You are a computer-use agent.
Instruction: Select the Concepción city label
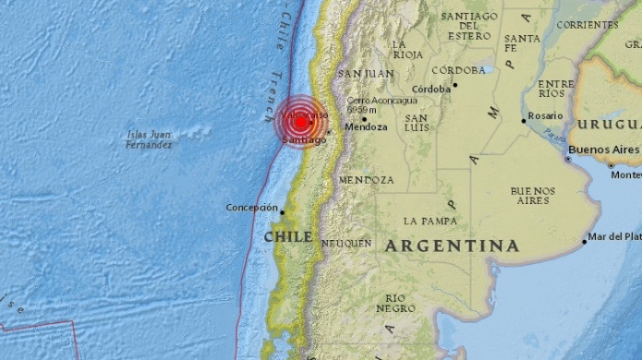pos(251,208)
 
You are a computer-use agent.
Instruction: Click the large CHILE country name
pos(288,237)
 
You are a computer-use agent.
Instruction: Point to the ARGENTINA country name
pos(452,246)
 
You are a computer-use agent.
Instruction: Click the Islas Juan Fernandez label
pos(150,140)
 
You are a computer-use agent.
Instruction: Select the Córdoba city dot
pos(454,88)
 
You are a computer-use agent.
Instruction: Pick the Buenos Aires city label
pos(604,149)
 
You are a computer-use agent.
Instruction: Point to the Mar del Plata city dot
pos(585,242)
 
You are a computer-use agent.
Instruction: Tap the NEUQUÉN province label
pos(346,243)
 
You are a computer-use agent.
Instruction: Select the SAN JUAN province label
pos(366,73)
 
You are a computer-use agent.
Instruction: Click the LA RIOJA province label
pos(407,49)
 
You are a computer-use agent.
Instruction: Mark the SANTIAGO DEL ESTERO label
pos(469,26)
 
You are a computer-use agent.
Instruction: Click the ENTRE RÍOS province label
pos(554,89)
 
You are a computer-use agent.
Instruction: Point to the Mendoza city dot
pos(364,118)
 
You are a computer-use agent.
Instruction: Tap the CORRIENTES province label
pos(588,24)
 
